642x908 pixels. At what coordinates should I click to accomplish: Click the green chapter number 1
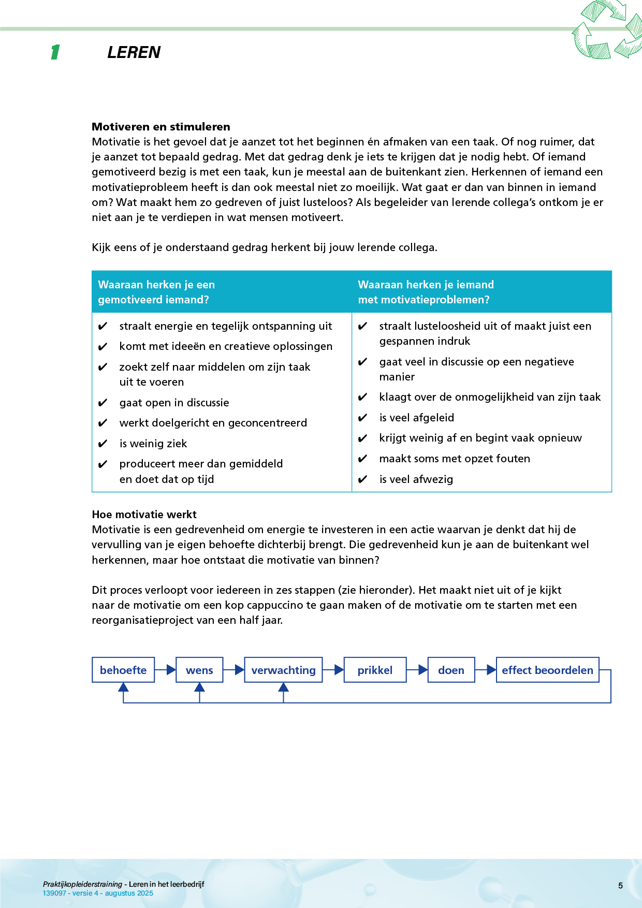(55, 52)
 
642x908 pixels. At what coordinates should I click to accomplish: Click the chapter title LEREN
(134, 52)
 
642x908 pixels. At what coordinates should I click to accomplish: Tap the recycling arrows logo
(607, 30)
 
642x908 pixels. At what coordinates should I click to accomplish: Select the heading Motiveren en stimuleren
(161, 127)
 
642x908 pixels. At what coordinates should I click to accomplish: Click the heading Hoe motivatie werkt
(144, 515)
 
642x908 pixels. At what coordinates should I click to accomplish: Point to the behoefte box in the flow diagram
(123, 670)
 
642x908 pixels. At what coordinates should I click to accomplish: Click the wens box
(199, 670)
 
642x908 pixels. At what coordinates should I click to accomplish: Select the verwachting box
(283, 670)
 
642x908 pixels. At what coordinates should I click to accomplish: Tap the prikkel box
(375, 670)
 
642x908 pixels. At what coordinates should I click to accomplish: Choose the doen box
(451, 670)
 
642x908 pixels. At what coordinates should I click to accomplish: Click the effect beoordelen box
(547, 670)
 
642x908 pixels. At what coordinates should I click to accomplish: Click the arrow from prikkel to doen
(417, 670)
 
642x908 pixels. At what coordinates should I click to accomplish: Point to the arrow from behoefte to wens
(166, 670)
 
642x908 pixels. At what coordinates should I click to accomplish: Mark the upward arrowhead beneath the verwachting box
(283, 687)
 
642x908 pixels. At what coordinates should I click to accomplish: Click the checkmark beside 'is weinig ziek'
(103, 444)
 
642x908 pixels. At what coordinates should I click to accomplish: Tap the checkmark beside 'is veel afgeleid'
(363, 418)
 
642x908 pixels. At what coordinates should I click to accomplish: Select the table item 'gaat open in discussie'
(174, 403)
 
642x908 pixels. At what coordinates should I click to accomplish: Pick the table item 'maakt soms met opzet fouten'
(455, 459)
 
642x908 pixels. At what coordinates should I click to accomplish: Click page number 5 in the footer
(620, 886)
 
